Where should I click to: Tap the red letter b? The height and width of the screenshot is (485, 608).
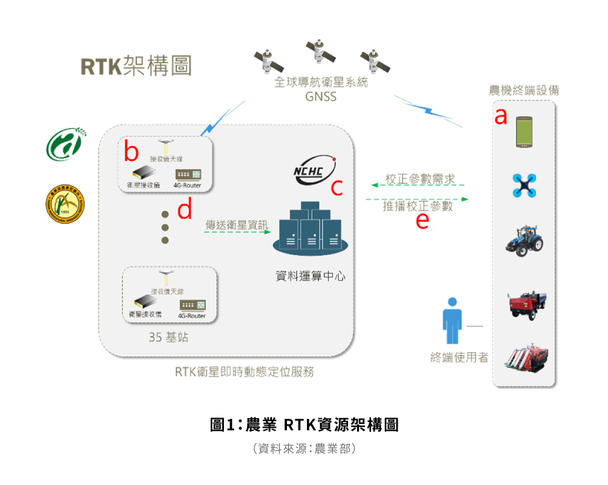tap(131, 152)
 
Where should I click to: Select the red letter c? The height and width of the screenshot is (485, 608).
tap(336, 187)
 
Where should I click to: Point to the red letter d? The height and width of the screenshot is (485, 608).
tap(185, 210)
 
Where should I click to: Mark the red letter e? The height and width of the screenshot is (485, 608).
tap(422, 220)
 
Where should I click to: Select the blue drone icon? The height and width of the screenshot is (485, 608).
tap(524, 185)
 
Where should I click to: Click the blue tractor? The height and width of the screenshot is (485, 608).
tap(524, 241)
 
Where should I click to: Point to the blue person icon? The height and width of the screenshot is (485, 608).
tap(452, 322)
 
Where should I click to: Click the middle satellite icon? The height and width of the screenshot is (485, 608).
tap(318, 51)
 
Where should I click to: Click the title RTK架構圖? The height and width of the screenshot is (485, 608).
tap(136, 67)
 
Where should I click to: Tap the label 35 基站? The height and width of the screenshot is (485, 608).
tap(169, 338)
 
